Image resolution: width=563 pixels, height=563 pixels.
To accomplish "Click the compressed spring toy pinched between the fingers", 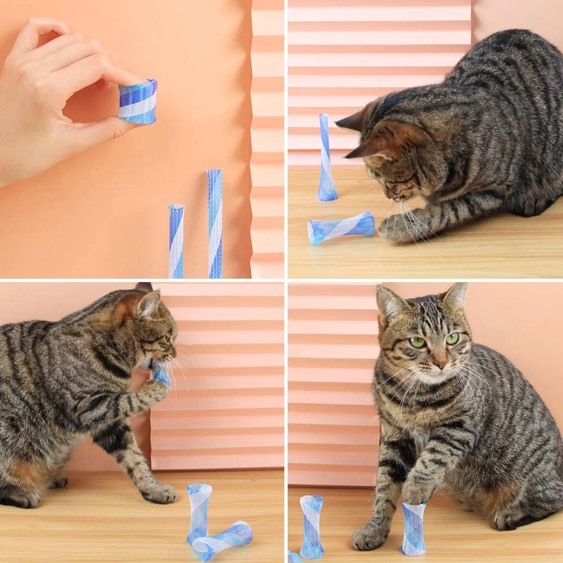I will point(137,101).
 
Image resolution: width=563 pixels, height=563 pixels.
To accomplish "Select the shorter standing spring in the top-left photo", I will point(176,240).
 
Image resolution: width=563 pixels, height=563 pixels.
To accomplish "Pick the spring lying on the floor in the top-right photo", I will point(341,228).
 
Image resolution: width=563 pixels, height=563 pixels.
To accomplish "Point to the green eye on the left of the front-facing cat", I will point(417,342).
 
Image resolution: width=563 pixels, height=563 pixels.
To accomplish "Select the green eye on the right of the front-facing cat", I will point(452,338).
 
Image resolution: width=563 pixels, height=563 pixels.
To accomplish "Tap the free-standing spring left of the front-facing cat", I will point(311,526).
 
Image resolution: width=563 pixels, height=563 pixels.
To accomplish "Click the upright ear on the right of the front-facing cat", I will point(455,298).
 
